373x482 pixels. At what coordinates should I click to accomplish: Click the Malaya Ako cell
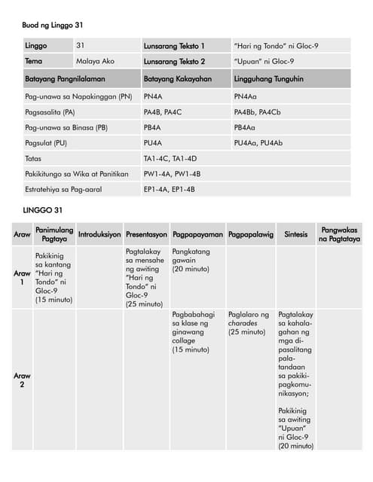95,61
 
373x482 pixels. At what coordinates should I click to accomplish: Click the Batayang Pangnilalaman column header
64,78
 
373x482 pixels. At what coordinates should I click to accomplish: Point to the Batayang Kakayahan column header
177,78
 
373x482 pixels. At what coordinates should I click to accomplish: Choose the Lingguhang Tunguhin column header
269,78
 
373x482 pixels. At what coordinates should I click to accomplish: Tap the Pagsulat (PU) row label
46,143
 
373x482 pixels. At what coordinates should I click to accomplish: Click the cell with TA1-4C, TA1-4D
170,159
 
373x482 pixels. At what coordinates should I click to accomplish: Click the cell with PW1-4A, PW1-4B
172,174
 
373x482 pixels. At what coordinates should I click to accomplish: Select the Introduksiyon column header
99,234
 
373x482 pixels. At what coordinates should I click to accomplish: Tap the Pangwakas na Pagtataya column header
338,234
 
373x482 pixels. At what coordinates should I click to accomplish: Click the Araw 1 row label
23,278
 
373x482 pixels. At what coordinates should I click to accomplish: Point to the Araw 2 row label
23,380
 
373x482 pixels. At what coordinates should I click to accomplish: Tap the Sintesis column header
295,234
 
